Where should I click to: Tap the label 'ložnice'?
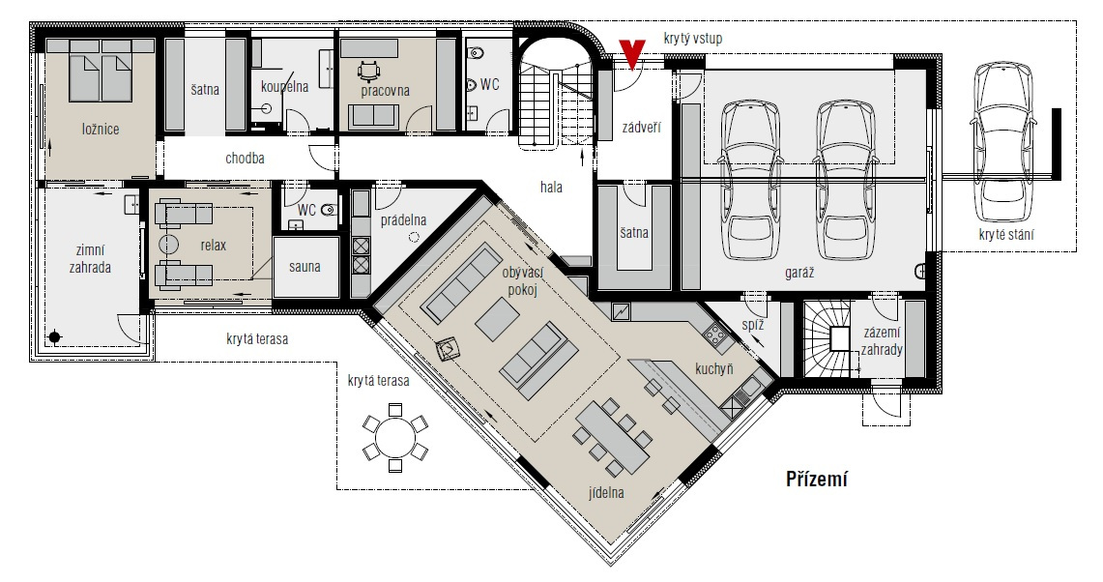101,129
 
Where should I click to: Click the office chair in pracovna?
368,72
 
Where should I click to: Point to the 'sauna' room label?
305,267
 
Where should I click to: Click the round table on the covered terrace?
395,438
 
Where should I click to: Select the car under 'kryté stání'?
1004,141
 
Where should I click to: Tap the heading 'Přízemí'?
817,480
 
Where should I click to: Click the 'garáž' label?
799,273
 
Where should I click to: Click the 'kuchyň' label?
714,368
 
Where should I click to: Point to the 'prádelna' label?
403,220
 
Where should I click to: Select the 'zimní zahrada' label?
90,259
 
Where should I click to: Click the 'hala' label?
551,188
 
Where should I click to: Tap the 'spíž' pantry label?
753,325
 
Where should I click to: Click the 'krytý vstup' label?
693,38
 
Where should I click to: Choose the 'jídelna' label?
606,493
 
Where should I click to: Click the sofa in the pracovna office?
374,115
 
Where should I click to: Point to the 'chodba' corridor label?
245,159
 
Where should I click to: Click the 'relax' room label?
213,245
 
